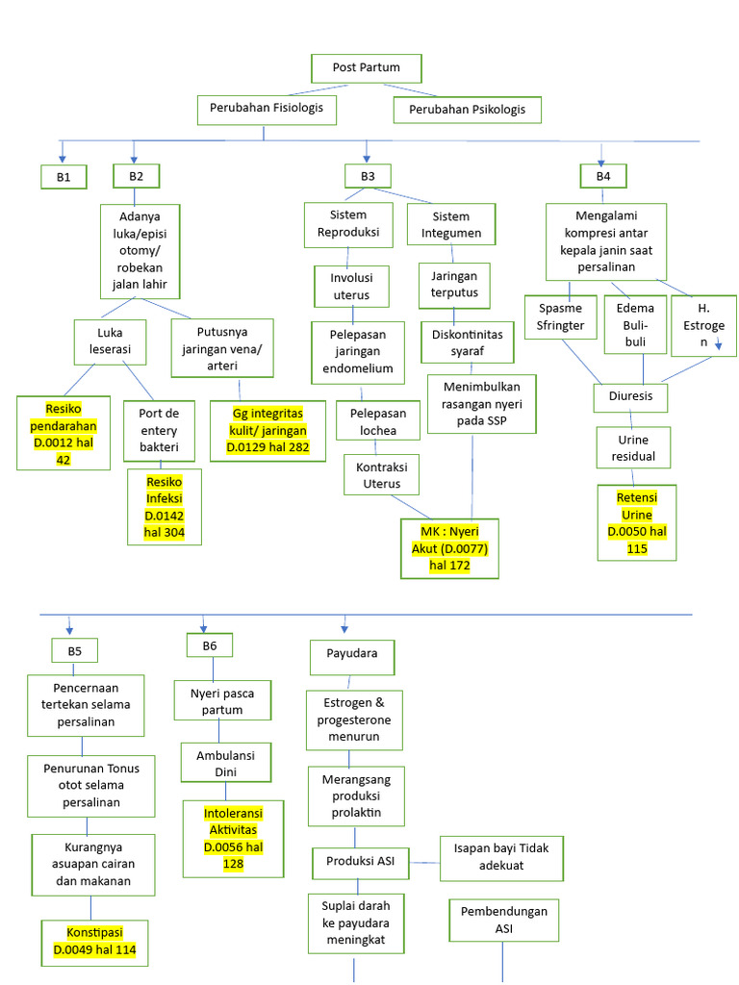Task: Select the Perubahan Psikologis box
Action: click(x=467, y=110)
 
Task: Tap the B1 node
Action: click(x=64, y=176)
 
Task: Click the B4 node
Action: click(x=602, y=176)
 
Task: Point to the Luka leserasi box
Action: click(x=110, y=342)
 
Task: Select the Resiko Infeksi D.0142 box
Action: click(x=164, y=507)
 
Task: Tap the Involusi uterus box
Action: click(x=351, y=287)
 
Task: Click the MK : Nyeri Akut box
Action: click(x=449, y=548)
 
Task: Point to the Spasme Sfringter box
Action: click(x=560, y=317)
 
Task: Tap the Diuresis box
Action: click(x=630, y=396)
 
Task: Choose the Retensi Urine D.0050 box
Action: click(x=635, y=522)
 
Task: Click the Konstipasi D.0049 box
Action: click(x=94, y=942)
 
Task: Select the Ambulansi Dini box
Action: click(x=225, y=763)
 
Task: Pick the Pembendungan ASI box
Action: click(x=503, y=920)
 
